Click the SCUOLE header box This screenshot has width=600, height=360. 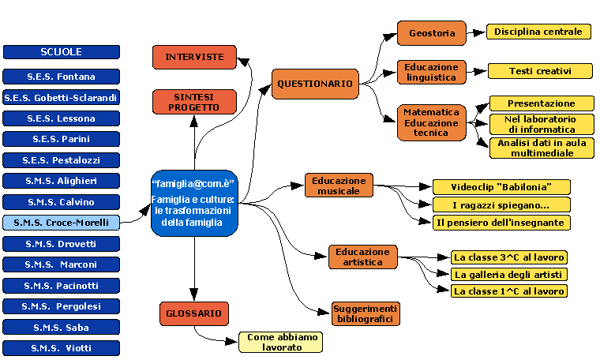(62, 52)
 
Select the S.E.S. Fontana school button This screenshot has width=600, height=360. (62, 77)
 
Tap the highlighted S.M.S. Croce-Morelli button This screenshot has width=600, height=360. (62, 223)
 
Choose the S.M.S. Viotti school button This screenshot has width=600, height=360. (62, 347)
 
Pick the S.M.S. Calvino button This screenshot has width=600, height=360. (62, 201)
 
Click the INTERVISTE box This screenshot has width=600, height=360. (194, 57)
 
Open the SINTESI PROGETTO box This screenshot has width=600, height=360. (194, 101)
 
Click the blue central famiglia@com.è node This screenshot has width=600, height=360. (193, 203)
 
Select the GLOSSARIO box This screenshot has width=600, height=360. (193, 313)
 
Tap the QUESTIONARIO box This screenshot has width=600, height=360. (315, 84)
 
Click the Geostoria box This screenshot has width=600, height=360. (432, 34)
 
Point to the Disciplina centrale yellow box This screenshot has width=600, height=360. (539, 32)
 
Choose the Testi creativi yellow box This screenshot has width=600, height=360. (539, 71)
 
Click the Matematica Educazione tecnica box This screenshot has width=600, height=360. (431, 122)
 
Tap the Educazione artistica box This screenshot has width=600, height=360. (362, 257)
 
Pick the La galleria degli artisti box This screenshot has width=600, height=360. (508, 274)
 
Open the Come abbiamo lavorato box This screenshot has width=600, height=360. (282, 342)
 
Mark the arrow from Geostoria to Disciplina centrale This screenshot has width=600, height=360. (476, 33)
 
